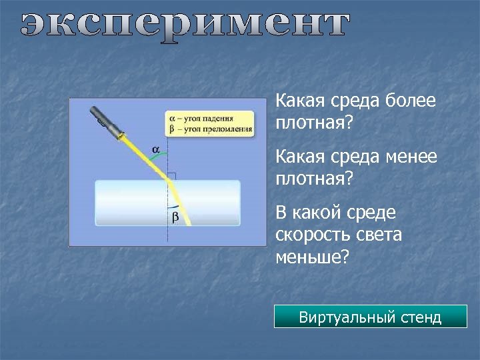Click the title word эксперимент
coord(184,27)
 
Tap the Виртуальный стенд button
coord(370,317)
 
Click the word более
coord(411,101)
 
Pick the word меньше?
coord(312,257)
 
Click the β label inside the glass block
coord(175,217)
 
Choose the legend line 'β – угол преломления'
coord(209,129)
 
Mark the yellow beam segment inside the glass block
coord(180,203)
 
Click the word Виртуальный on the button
coord(339,317)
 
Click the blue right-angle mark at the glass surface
coord(171,177)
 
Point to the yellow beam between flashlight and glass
coord(143,154)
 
